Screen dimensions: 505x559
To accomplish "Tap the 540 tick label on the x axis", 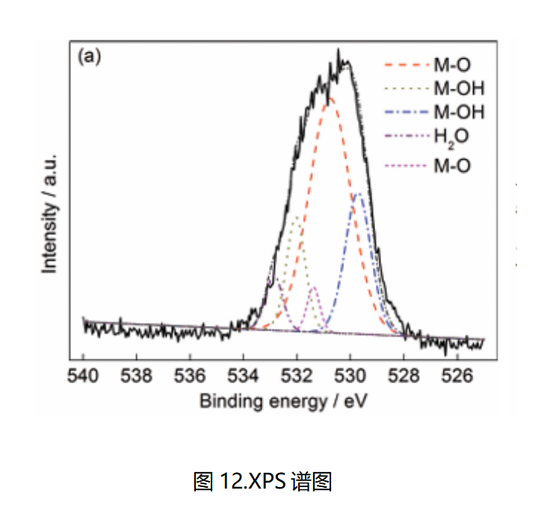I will coord(83,374).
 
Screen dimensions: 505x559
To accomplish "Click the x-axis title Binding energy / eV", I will coord(284,401).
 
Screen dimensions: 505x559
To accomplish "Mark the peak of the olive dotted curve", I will coord(297,217).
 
